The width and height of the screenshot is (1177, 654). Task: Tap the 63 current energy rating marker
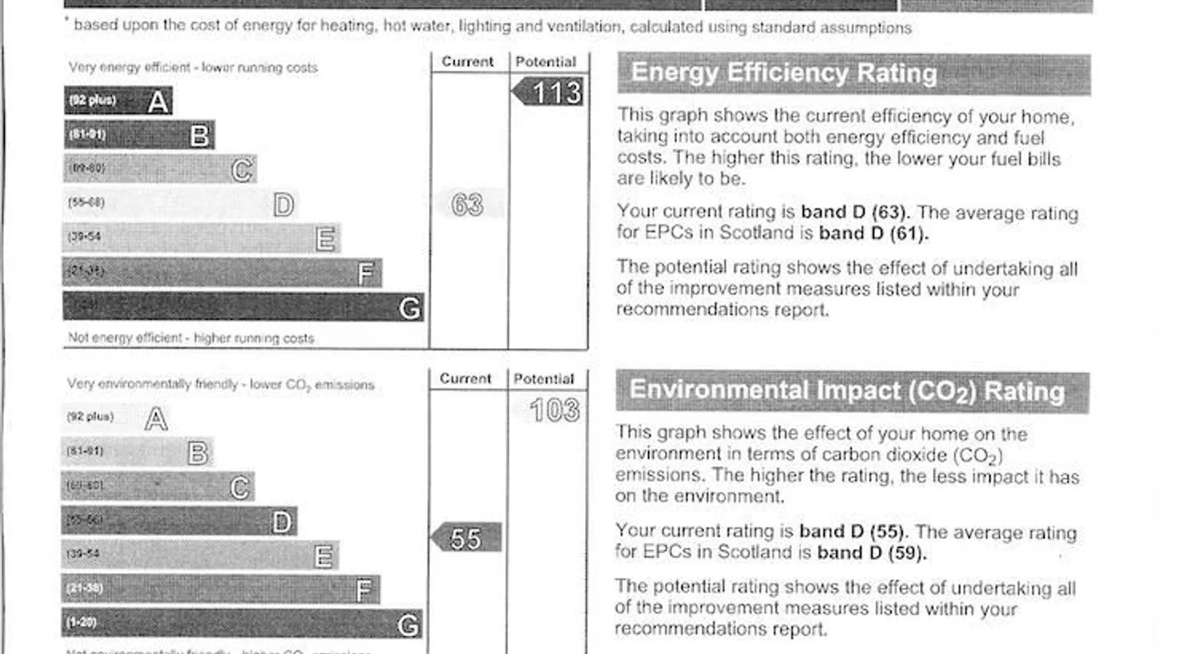468,205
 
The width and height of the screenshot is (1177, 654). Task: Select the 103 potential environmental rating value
554,411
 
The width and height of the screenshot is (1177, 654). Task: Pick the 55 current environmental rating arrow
466,538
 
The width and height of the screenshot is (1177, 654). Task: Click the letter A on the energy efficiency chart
158,101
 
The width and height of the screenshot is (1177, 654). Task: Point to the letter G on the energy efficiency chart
409,308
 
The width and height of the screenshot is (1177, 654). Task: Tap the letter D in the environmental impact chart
282,522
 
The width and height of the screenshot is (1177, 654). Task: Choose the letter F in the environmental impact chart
364,591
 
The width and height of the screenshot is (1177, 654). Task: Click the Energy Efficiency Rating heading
783,73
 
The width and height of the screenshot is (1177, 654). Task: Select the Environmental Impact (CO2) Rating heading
847,390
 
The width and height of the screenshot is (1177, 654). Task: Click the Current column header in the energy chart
468,61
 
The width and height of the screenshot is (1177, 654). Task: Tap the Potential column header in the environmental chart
543,379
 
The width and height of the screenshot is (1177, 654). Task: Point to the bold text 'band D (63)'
854,213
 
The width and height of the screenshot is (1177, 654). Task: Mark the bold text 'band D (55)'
853,531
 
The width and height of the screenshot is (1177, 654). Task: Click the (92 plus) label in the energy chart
93,100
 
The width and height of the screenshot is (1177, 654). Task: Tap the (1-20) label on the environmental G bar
82,622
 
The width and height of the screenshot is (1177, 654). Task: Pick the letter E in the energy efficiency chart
326,239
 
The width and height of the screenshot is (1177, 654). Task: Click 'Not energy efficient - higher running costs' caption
191,338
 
